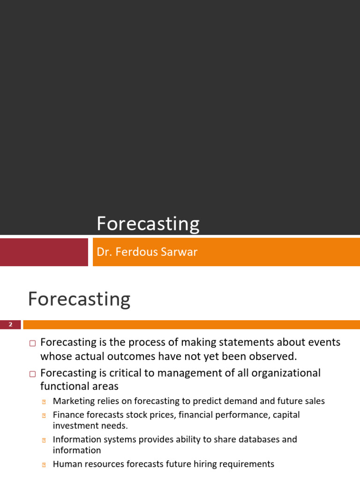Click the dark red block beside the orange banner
[x=44, y=252]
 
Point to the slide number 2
[x=10, y=324]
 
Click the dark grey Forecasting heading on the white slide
[x=79, y=300]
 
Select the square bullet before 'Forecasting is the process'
[x=32, y=343]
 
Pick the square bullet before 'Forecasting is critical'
[x=32, y=374]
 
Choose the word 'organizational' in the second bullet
[x=286, y=373]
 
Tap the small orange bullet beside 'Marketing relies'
[x=44, y=402]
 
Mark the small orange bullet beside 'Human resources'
[x=44, y=465]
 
